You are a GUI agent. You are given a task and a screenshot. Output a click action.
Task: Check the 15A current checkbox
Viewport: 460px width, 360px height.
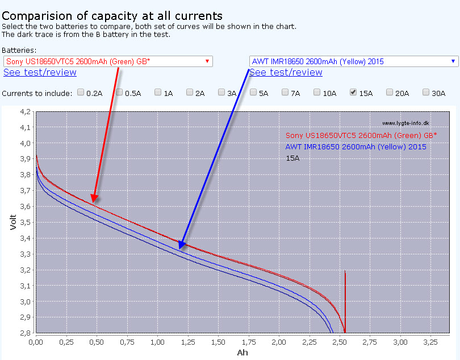coord(353,92)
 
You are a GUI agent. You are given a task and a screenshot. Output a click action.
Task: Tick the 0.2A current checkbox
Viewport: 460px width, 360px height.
coord(81,92)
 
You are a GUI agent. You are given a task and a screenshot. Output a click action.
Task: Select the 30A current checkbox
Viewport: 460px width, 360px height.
coord(426,92)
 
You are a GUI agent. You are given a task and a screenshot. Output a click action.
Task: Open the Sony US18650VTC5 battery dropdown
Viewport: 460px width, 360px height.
coord(108,61)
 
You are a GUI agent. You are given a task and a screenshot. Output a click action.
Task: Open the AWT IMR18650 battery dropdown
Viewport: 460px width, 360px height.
coord(353,61)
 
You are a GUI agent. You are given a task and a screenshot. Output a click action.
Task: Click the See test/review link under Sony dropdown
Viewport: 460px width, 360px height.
coord(40,72)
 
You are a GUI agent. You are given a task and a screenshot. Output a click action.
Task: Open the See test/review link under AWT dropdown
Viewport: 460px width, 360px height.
coord(286,72)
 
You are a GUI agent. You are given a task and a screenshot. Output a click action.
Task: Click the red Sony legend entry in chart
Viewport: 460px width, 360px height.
coord(361,135)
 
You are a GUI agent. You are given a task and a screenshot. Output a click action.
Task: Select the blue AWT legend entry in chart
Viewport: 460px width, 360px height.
coord(356,147)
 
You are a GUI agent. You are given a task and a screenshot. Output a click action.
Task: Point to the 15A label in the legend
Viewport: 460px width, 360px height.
coord(292,158)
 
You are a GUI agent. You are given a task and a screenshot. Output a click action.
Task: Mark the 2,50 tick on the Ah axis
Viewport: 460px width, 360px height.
coord(340,343)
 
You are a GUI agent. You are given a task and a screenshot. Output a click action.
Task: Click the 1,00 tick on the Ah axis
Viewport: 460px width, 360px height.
coord(157,343)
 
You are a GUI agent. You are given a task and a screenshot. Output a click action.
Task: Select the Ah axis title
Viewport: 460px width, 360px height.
coord(242,353)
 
